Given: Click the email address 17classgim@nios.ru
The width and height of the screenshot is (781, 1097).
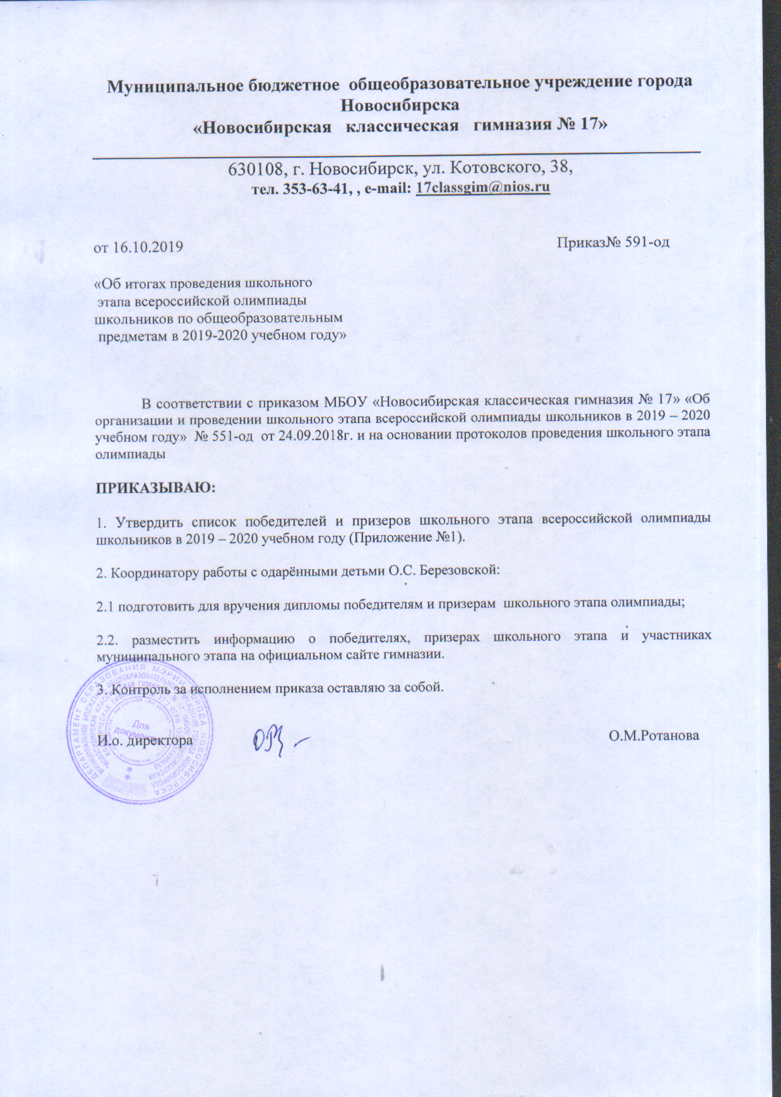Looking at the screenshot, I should pos(482,187).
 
